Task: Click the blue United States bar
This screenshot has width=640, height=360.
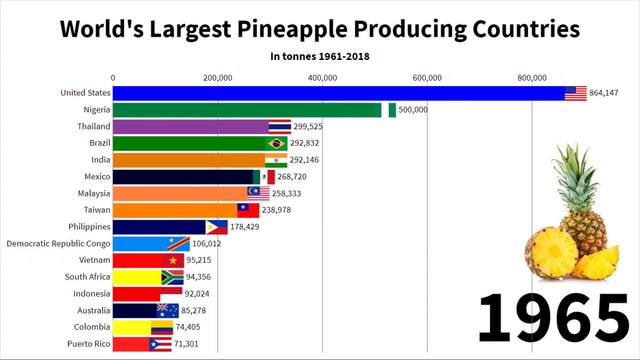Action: (x=340, y=93)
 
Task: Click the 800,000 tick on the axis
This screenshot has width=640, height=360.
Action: (x=532, y=77)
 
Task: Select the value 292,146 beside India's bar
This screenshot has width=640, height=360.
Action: (x=308, y=160)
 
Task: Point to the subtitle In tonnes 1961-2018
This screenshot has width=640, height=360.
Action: (x=320, y=56)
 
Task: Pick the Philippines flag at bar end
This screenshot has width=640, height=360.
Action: (x=217, y=227)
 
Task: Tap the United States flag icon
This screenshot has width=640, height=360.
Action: (x=575, y=93)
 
